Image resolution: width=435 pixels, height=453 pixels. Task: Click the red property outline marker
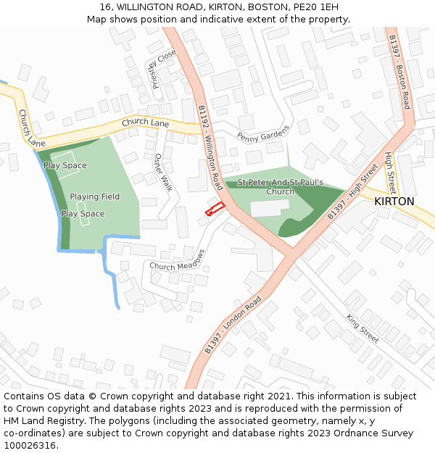click(x=214, y=210)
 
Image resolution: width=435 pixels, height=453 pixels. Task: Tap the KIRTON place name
click(x=394, y=201)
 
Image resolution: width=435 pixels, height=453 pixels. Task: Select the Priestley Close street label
click(x=164, y=69)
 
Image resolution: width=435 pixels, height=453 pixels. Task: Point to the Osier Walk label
click(x=163, y=173)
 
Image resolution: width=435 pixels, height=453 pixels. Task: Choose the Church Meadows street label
click(x=178, y=261)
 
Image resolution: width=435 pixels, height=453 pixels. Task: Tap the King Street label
click(x=362, y=328)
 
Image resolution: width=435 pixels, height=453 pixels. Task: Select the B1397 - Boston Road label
click(x=399, y=71)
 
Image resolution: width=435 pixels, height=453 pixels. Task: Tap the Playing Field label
click(x=95, y=196)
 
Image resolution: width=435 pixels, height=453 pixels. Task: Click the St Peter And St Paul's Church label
click(x=281, y=187)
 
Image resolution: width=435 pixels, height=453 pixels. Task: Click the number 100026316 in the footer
click(x=30, y=446)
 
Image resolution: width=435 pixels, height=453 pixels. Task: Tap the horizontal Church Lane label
click(x=145, y=123)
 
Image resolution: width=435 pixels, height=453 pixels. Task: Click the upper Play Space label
click(x=65, y=165)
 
